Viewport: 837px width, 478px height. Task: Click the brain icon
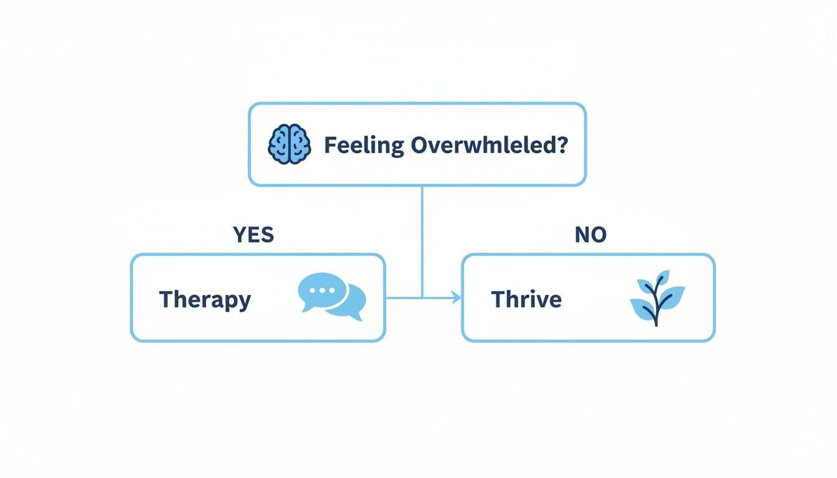289,145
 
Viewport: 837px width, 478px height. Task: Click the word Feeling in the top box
364,146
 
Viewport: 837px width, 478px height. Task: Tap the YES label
253,235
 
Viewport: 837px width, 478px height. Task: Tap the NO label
590,235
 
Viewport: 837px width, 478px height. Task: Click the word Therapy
205,299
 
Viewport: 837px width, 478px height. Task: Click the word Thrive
526,299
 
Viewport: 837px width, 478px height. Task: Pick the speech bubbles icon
332,298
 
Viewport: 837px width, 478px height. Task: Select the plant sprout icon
657,298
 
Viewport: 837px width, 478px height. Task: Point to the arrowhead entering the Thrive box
458,299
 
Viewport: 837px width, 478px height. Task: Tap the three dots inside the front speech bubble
322,290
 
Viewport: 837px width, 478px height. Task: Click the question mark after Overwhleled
562,146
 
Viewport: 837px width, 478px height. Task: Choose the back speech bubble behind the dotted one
350,303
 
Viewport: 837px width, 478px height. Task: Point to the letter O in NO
598,235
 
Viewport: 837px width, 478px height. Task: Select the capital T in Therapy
166,299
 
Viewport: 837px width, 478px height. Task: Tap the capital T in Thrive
498,299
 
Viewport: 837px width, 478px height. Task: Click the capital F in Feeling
330,146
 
